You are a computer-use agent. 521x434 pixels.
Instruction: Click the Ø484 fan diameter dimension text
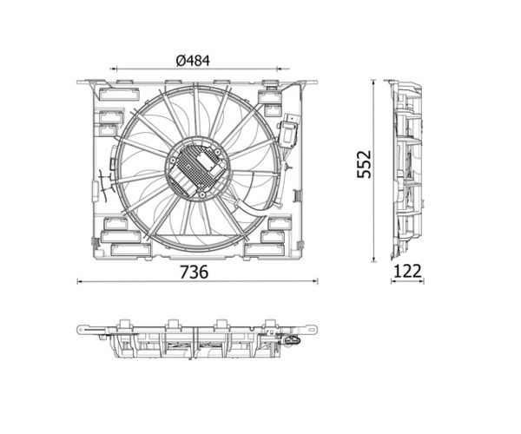coord(193,61)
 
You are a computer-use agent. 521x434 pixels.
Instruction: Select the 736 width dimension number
coord(194,272)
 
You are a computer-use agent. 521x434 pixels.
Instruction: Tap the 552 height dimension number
coord(364,164)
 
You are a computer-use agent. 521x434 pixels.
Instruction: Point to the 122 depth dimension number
coord(407,272)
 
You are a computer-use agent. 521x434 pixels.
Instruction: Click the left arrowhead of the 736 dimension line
coord(79,281)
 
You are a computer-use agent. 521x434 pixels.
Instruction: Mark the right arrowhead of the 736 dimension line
coord(315,281)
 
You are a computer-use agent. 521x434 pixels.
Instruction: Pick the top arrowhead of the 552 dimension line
coord(374,82)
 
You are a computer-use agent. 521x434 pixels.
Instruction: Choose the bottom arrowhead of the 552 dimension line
coord(374,260)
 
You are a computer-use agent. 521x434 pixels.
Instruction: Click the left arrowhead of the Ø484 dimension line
coord(114,69)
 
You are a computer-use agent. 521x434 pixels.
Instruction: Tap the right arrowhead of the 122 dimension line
coord(422,281)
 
